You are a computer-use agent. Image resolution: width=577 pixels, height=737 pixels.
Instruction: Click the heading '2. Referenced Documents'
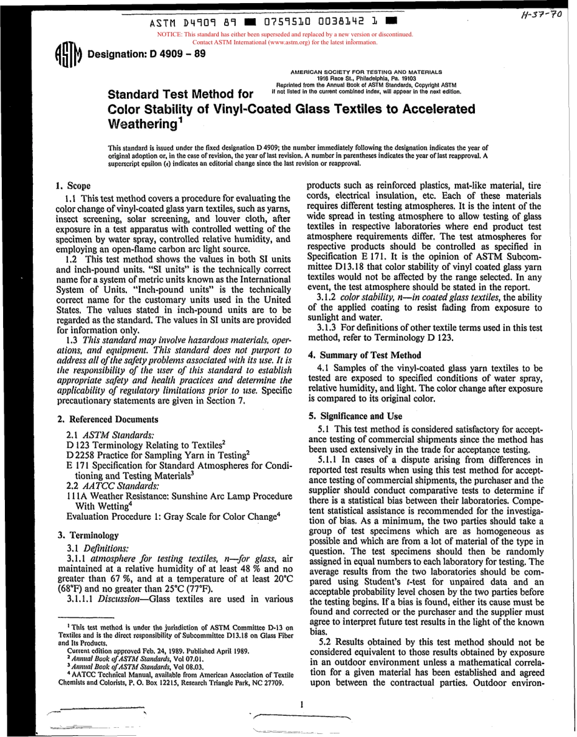coord(108,419)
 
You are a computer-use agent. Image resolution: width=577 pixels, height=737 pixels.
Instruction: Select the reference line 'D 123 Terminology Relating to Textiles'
coord(146,444)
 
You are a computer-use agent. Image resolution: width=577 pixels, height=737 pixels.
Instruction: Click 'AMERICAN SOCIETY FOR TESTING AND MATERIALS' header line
coord(366,72)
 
